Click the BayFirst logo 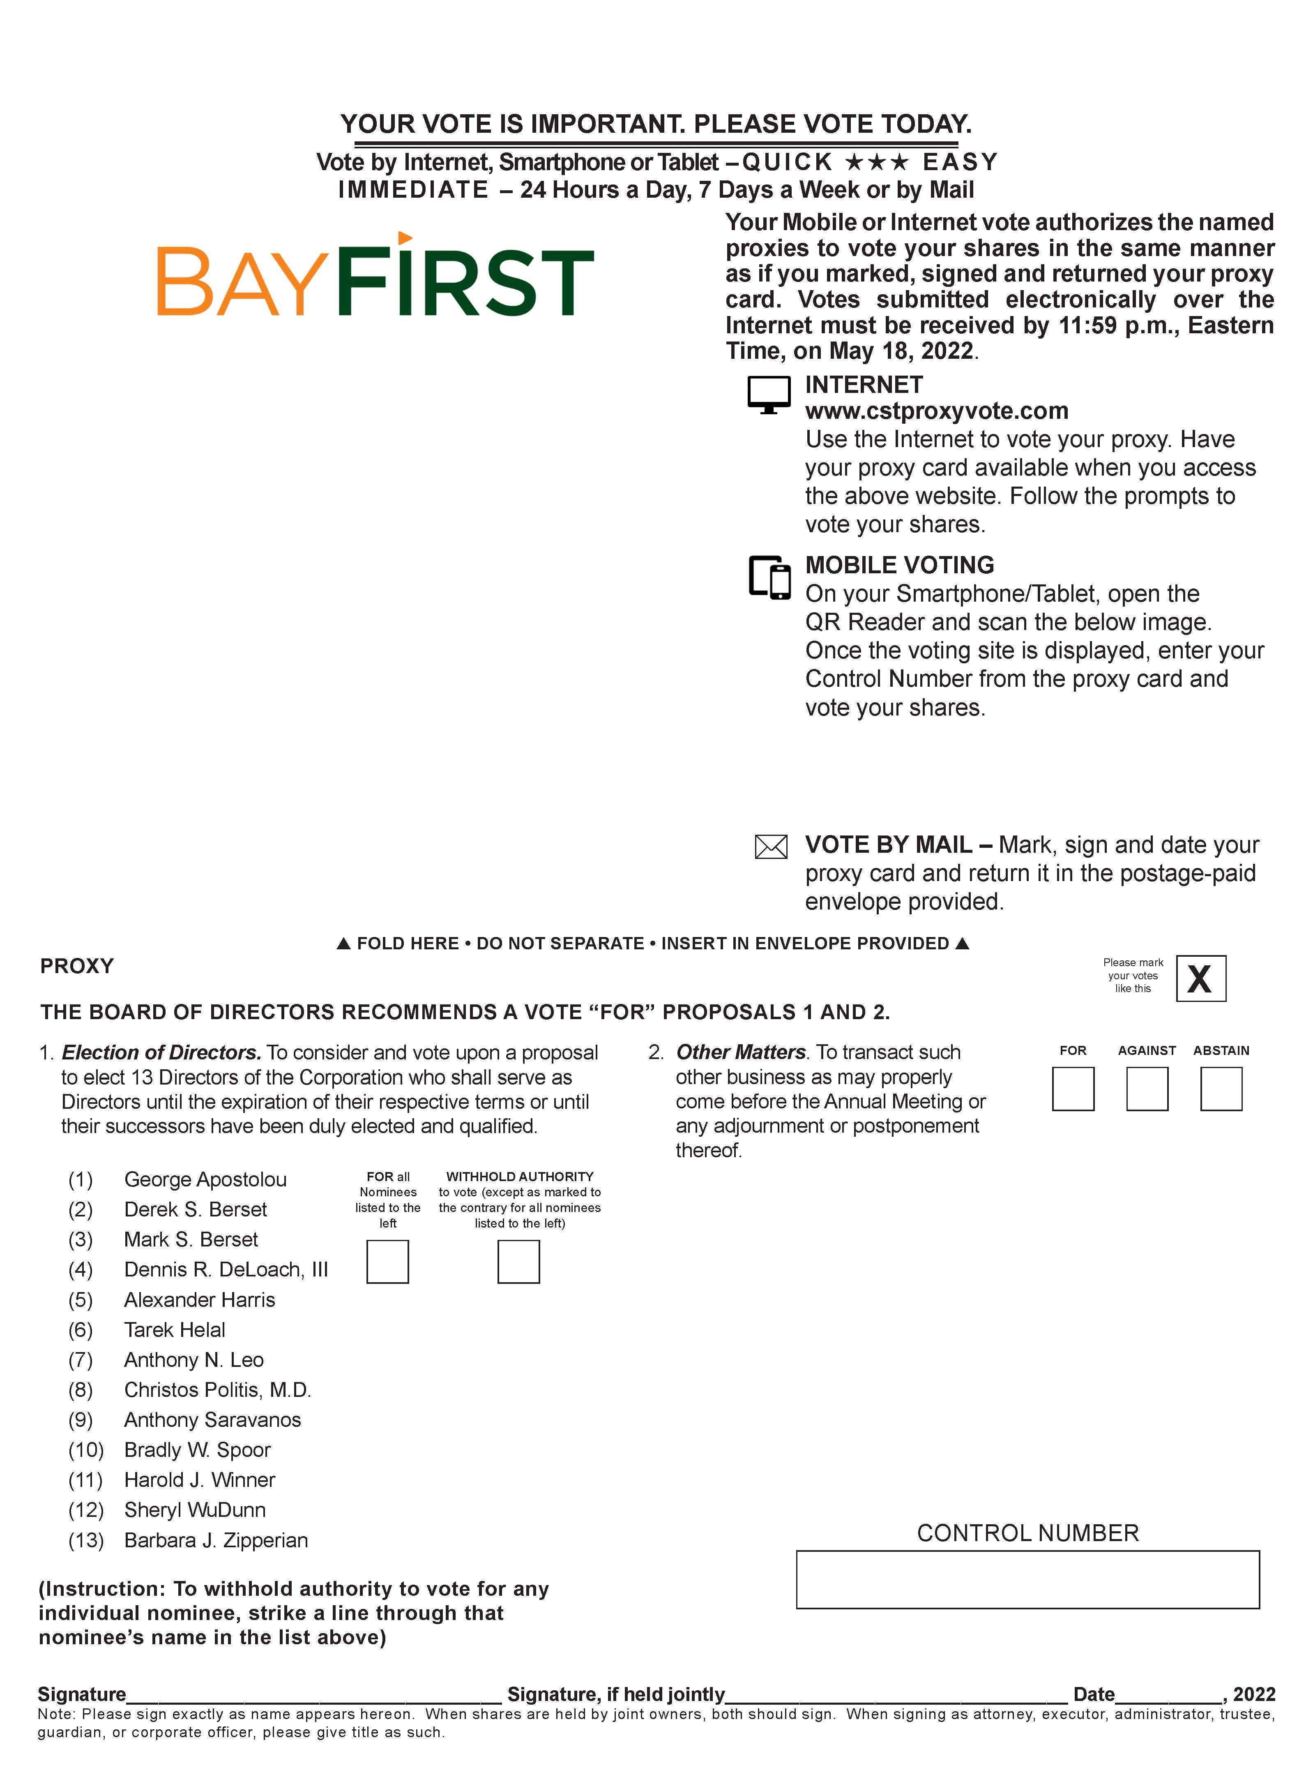click(x=375, y=277)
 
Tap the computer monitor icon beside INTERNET click(x=769, y=394)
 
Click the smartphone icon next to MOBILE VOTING click(x=769, y=577)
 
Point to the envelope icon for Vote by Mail click(x=770, y=847)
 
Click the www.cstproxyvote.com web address click(x=936, y=411)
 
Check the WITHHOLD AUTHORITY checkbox click(x=518, y=1262)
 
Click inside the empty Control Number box click(x=1027, y=1580)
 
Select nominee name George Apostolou click(x=205, y=1179)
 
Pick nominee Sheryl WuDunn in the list click(x=195, y=1510)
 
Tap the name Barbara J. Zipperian click(x=215, y=1540)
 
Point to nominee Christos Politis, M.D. click(x=217, y=1390)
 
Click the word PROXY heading click(x=77, y=966)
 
